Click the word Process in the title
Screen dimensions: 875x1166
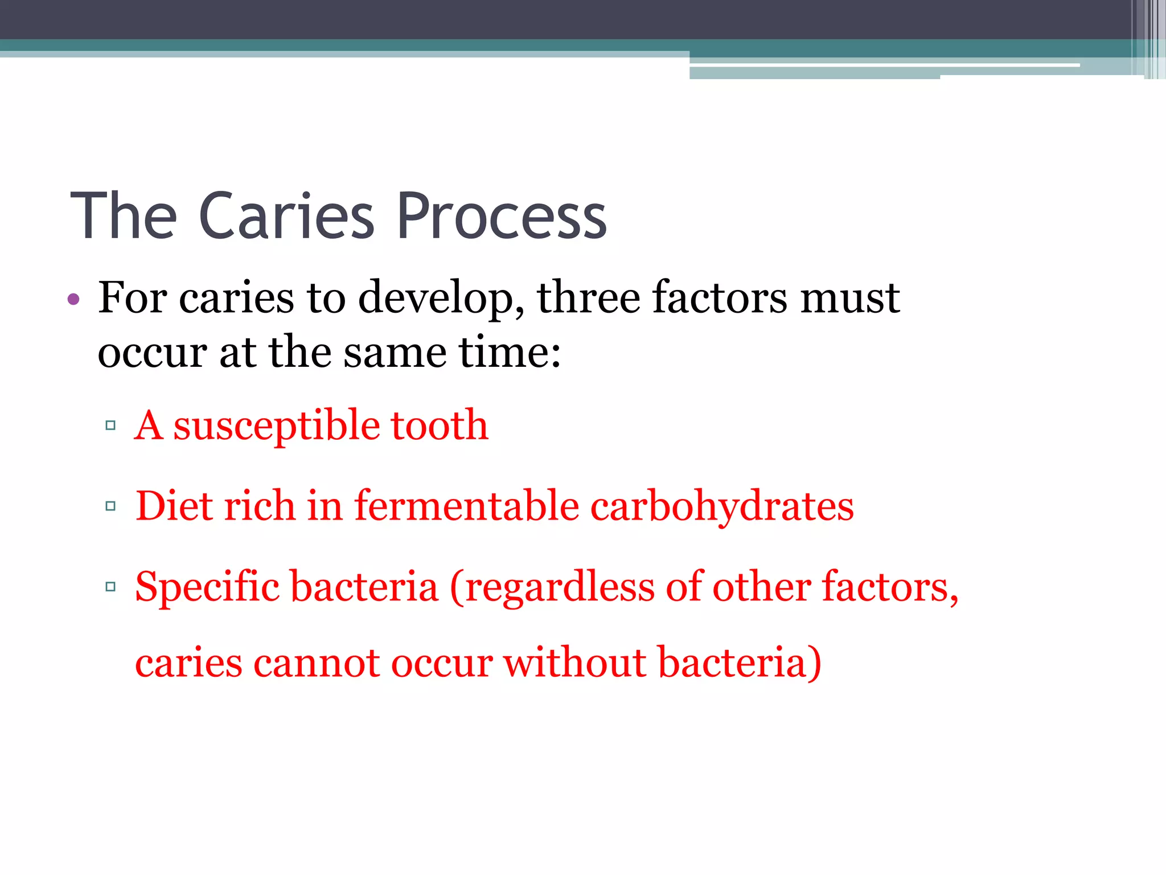click(502, 216)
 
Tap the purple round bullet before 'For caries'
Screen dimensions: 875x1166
click(73, 299)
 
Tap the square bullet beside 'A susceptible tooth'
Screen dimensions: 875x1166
click(110, 425)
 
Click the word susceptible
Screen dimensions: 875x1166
click(276, 426)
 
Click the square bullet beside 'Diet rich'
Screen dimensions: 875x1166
click(110, 506)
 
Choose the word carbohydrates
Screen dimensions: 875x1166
click(722, 507)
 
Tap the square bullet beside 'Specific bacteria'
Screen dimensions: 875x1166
click(110, 586)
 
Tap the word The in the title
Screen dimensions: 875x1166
click(124, 216)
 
